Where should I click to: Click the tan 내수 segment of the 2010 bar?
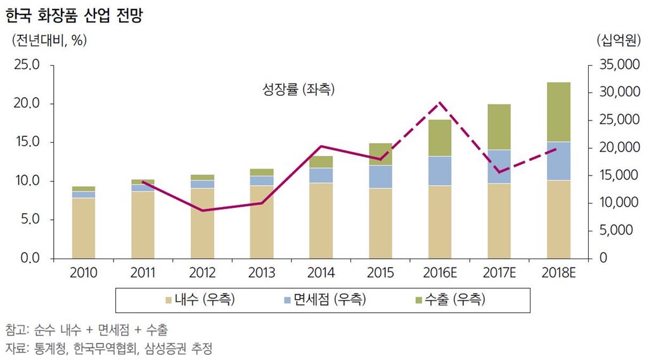pyautogui.click(x=84, y=228)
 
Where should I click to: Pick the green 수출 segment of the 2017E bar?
pyautogui.click(x=499, y=127)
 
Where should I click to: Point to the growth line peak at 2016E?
pyautogui.click(x=440, y=103)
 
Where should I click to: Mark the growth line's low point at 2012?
pyautogui.click(x=202, y=210)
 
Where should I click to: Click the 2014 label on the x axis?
pyautogui.click(x=321, y=273)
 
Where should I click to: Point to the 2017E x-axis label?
pyautogui.click(x=499, y=273)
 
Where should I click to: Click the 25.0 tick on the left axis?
pyautogui.click(x=25, y=65)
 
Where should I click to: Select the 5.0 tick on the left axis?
pyautogui.click(x=29, y=220)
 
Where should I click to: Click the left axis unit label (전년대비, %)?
pyautogui.click(x=49, y=40)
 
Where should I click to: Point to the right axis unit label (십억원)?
pyautogui.click(x=619, y=40)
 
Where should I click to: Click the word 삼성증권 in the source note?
pyautogui.click(x=157, y=348)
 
